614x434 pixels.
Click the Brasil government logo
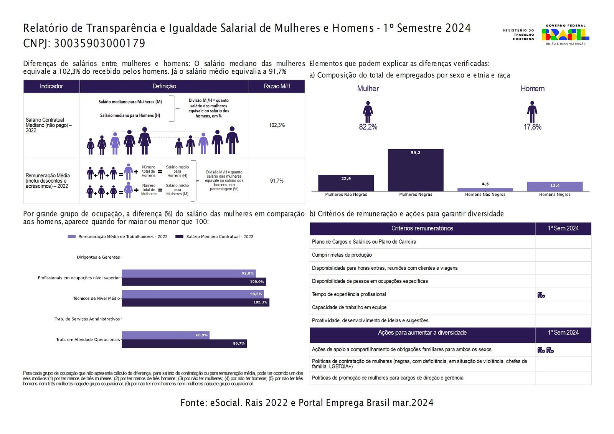pos(565,35)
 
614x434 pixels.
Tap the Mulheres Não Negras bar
pos(346,183)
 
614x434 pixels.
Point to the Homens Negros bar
pos(555,186)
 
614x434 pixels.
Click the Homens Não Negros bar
pos(485,190)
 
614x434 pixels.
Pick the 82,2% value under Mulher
pos(368,127)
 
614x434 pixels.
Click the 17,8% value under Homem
pos(532,127)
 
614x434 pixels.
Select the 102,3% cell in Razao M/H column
pos(277,125)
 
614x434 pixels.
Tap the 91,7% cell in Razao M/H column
pos(277,181)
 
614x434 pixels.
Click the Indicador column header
pos(51,86)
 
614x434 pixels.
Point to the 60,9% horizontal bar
pos(165,335)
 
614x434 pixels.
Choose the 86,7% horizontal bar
pos(184,343)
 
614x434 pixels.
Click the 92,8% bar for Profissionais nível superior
pos(188,273)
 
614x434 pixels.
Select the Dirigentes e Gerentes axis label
pos(98,257)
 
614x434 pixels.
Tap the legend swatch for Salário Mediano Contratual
pos(179,237)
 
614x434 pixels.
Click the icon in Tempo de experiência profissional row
pos(541,295)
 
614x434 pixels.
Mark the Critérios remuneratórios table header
pos(422,228)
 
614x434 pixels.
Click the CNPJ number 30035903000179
pos(99,43)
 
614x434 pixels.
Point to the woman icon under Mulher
pos(368,112)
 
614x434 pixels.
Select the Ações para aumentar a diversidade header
pos(422,333)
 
